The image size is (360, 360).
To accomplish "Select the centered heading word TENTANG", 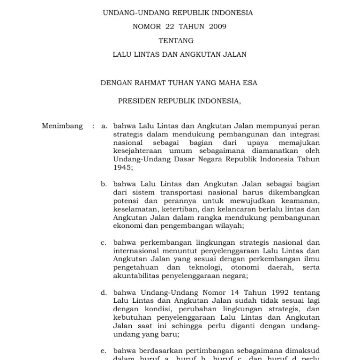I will pyautogui.click(x=176, y=41).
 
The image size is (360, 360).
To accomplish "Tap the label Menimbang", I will pyautogui.click(x=62, y=126).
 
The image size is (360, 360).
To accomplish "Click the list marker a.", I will pyautogui.click(x=104, y=126).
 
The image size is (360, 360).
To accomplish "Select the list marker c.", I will pyautogui.click(x=104, y=243).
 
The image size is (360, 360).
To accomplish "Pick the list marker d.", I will pyautogui.click(x=104, y=293).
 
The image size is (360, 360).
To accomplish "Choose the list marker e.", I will pyautogui.click(x=104, y=351).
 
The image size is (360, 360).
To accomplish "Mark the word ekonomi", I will pyautogui.click(x=127, y=225).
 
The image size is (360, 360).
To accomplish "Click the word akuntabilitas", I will pyautogui.click(x=135, y=276).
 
